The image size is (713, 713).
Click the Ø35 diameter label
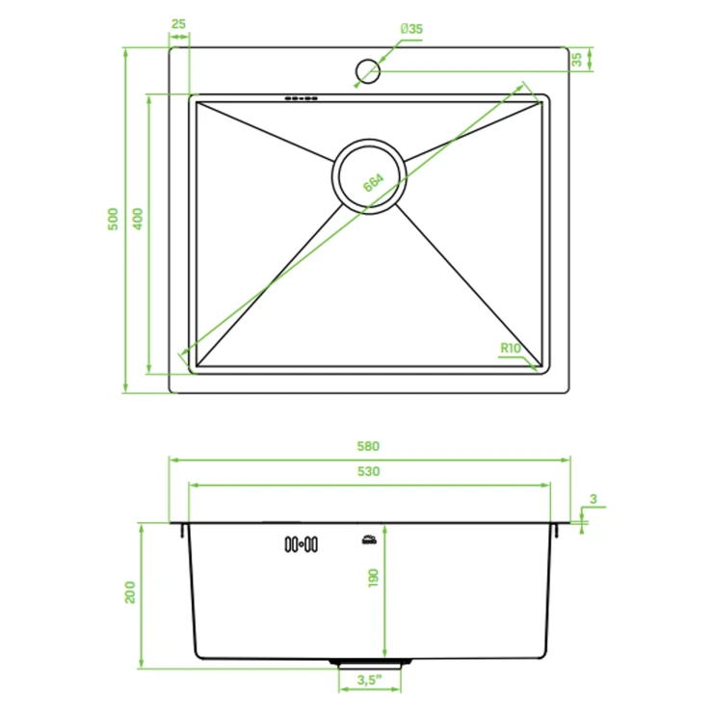tap(411, 29)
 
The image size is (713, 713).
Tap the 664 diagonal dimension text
tap(374, 183)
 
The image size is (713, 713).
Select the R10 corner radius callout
tap(511, 349)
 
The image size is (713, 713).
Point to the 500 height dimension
tap(113, 219)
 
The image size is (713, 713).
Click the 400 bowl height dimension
tap(138, 219)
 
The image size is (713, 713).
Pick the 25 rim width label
tap(178, 24)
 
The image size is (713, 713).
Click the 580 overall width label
tap(368, 446)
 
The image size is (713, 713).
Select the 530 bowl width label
tap(368, 471)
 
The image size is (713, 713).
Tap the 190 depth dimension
tap(373, 577)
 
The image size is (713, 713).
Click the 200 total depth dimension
tap(130, 592)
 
